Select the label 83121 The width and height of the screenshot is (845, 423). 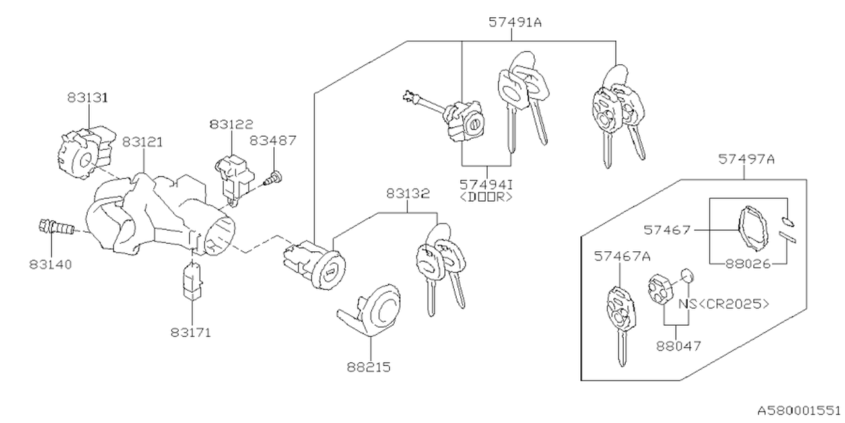click(142, 142)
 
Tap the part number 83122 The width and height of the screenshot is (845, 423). click(232, 124)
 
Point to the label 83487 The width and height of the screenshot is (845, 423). click(273, 140)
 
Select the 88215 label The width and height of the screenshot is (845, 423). click(369, 365)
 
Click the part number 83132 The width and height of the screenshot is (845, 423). click(408, 194)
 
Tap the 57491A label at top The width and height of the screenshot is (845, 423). click(515, 22)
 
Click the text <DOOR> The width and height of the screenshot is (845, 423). click(487, 197)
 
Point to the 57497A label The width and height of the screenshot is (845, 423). click(747, 159)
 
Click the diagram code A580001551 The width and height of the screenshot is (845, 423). click(798, 410)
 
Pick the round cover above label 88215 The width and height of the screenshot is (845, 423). click(381, 307)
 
